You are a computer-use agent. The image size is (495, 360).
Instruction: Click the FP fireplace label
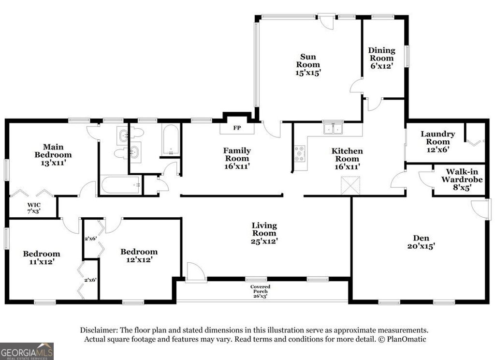pyautogui.click(x=237, y=129)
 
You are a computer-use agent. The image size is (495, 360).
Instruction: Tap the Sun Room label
pyautogui.click(x=308, y=65)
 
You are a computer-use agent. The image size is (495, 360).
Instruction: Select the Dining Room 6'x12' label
pyautogui.click(x=381, y=58)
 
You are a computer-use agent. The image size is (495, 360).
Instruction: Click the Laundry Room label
pyautogui.click(x=437, y=142)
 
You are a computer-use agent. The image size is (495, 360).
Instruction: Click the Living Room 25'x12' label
pyautogui.click(x=264, y=233)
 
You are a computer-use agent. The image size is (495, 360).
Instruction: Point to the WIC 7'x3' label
pyautogui.click(x=33, y=208)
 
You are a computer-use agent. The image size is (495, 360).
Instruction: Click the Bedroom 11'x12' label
pyautogui.click(x=42, y=257)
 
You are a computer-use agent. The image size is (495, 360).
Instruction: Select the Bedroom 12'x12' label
pyautogui.click(x=139, y=255)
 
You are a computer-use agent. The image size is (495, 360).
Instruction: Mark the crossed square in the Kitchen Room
pyautogui.click(x=350, y=186)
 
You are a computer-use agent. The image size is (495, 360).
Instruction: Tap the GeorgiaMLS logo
pyautogui.click(x=27, y=351)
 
